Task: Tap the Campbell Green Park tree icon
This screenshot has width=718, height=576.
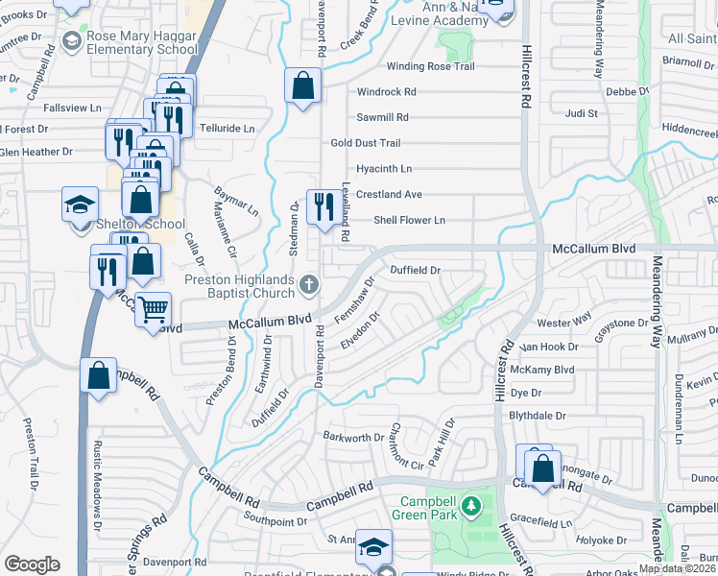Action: (x=470, y=505)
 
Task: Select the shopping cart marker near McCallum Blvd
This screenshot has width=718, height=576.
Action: (x=153, y=311)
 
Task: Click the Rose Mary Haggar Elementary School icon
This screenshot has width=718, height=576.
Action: (x=71, y=41)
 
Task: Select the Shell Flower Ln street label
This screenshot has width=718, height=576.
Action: (x=410, y=220)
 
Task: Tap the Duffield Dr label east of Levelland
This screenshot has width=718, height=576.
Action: (x=415, y=271)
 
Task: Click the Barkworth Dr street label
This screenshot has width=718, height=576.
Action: (x=353, y=438)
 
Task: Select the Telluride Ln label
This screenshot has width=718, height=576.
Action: (x=227, y=128)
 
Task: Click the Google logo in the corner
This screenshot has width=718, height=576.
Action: (x=32, y=564)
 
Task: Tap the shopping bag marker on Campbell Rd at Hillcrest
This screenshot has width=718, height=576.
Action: (x=542, y=469)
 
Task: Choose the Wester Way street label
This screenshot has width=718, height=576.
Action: (x=564, y=323)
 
